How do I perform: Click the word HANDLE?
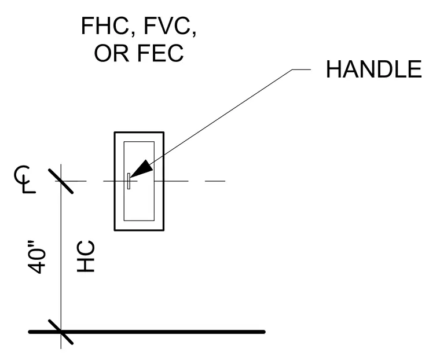coord(374,69)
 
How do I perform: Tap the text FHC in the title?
coord(105,26)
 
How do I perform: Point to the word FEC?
coord(161,53)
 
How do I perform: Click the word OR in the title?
coord(112,53)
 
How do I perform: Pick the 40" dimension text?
coord(36,257)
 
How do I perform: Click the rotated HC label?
coord(86,256)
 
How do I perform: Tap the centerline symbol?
coord(25,179)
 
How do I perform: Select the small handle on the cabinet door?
coord(129,181)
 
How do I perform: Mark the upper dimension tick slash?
coord(61,181)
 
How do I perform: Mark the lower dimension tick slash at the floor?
coord(61,332)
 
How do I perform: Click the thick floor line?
coord(146,332)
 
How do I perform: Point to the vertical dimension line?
coord(61,256)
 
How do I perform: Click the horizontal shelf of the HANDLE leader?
coord(302,69)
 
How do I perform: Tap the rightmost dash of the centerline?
coord(215,181)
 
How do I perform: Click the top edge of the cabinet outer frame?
coord(139,132)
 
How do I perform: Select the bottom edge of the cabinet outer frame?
coord(139,230)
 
